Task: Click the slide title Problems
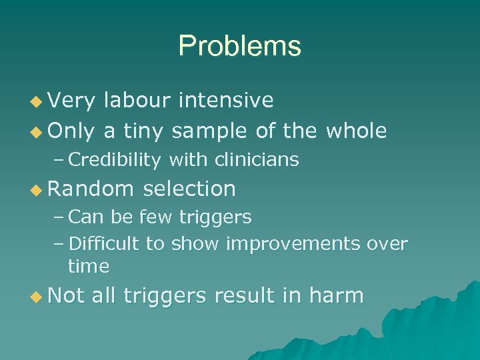click(239, 46)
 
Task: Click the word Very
click(72, 100)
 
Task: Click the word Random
click(90, 189)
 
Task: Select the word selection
click(189, 189)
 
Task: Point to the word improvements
click(294, 245)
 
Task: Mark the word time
click(88, 266)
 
